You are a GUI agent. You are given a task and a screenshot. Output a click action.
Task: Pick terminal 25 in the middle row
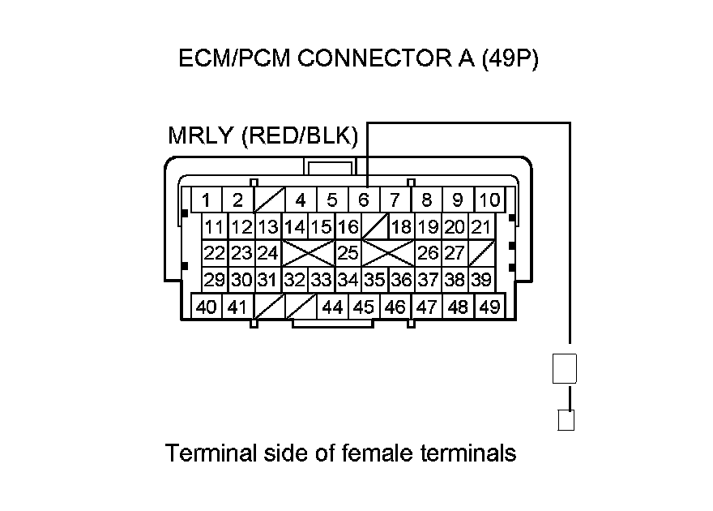(348, 254)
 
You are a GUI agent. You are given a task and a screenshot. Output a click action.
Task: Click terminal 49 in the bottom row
(489, 307)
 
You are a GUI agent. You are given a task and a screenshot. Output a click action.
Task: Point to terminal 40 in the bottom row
(207, 307)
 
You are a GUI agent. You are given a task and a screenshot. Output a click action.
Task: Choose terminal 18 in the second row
(401, 227)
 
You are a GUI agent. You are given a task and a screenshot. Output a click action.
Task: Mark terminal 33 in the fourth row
(322, 281)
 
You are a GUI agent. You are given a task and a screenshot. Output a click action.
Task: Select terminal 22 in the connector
(215, 254)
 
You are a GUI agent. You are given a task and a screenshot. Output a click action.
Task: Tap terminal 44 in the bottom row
(332, 307)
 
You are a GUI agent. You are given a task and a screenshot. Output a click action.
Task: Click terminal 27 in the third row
(455, 254)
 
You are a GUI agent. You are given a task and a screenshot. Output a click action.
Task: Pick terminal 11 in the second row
(215, 227)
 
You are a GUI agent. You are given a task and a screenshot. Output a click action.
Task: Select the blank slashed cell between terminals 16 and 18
(374, 227)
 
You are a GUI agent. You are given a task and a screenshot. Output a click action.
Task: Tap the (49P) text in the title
(509, 60)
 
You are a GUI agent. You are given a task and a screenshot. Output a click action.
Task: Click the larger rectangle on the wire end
(564, 369)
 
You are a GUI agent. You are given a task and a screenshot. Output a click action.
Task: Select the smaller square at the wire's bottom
(566, 420)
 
